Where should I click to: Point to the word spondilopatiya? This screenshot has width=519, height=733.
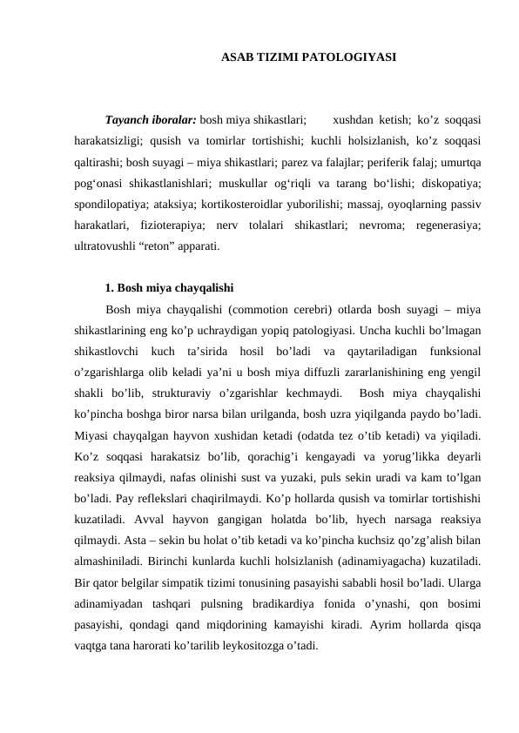pos(110,204)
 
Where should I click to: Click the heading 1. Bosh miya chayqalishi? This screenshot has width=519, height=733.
pos(168,288)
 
